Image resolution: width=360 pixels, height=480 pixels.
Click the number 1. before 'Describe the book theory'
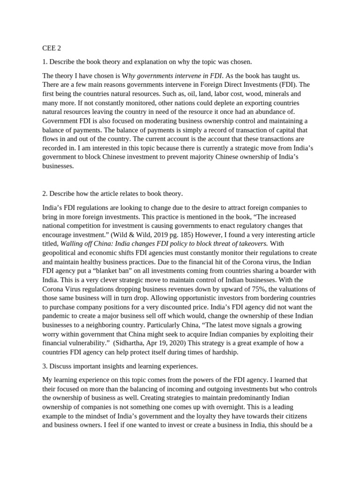click(45, 62)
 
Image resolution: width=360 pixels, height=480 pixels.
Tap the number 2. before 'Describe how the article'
click(45, 193)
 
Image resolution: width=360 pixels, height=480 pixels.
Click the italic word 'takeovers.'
click(251, 243)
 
